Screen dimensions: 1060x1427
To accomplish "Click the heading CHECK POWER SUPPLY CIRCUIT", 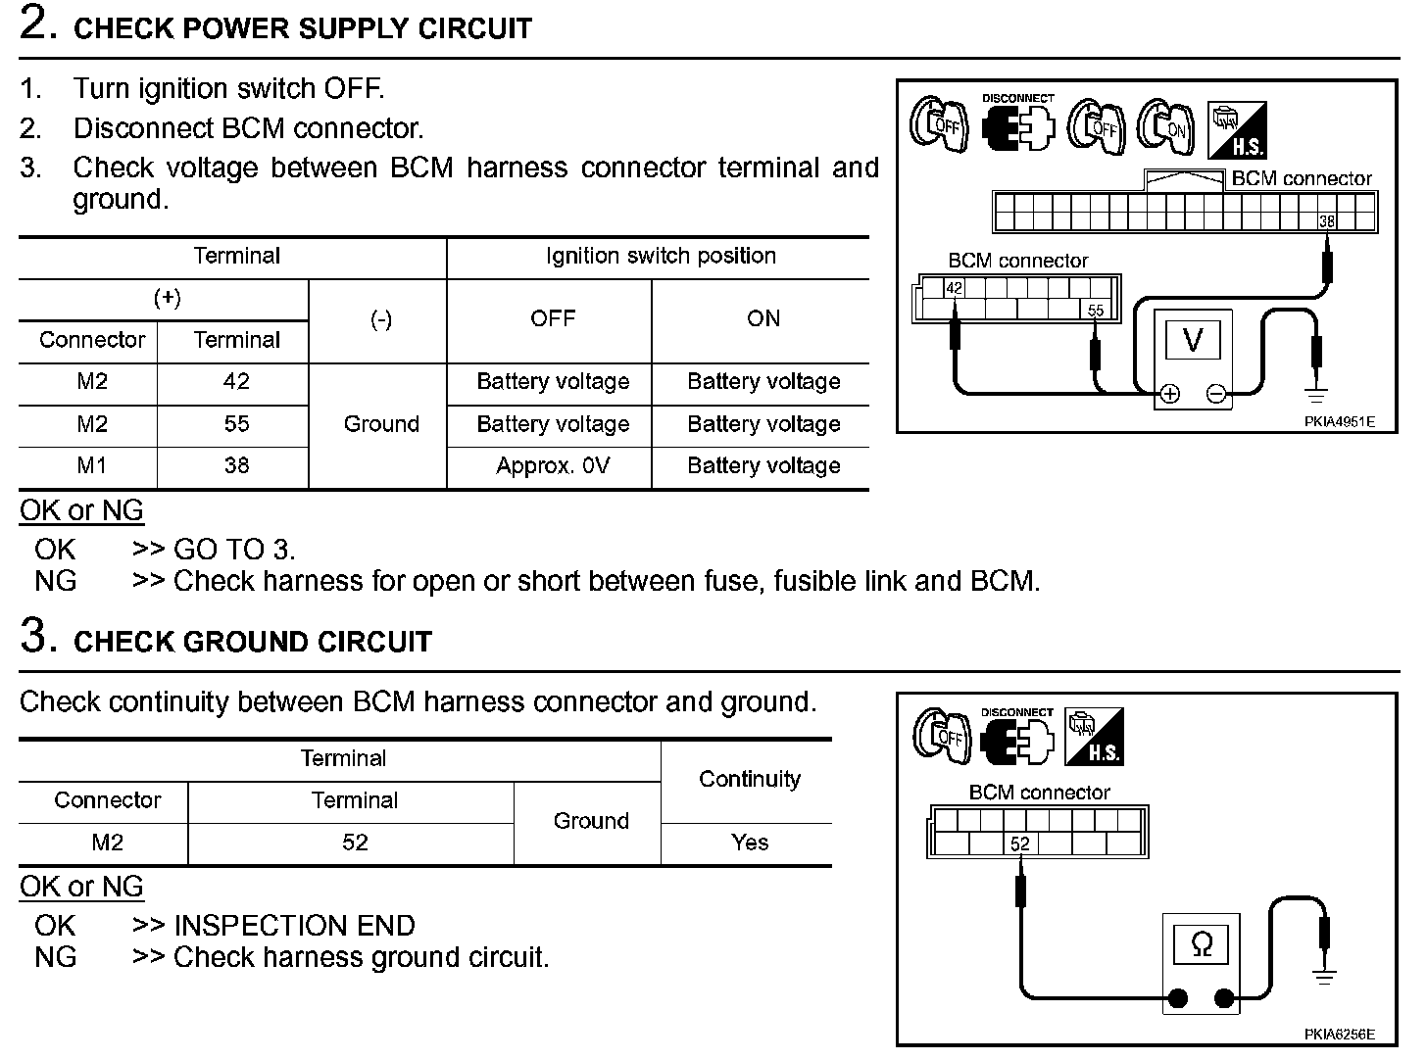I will (302, 28).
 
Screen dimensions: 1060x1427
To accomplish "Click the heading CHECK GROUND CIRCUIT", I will (253, 642).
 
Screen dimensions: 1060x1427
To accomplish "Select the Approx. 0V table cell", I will (553, 466).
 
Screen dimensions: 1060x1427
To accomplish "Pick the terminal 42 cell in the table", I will (236, 382).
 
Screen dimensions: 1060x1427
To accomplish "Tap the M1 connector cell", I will (91, 466).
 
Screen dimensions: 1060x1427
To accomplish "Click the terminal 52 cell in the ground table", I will (355, 843).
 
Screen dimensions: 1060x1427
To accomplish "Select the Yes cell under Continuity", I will (749, 843).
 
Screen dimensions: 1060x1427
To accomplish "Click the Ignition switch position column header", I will (661, 257).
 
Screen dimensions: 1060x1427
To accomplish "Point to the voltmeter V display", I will (1193, 340).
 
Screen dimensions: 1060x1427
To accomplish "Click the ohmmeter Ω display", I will (1201, 944).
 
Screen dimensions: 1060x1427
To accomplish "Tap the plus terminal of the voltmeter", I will (1169, 394).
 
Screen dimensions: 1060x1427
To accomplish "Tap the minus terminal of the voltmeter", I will (1216, 394).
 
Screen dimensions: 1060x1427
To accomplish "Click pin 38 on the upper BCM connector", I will (1326, 221).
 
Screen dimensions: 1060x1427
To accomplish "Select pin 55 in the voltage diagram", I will (1096, 311).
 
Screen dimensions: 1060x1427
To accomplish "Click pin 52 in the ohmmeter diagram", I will (1020, 843).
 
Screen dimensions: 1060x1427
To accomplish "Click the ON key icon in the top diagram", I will (1166, 126).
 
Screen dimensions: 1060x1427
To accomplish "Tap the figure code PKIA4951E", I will (1339, 422).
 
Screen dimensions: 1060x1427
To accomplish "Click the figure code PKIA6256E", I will (1339, 1035).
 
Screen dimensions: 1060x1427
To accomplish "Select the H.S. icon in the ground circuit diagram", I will (1093, 737).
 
